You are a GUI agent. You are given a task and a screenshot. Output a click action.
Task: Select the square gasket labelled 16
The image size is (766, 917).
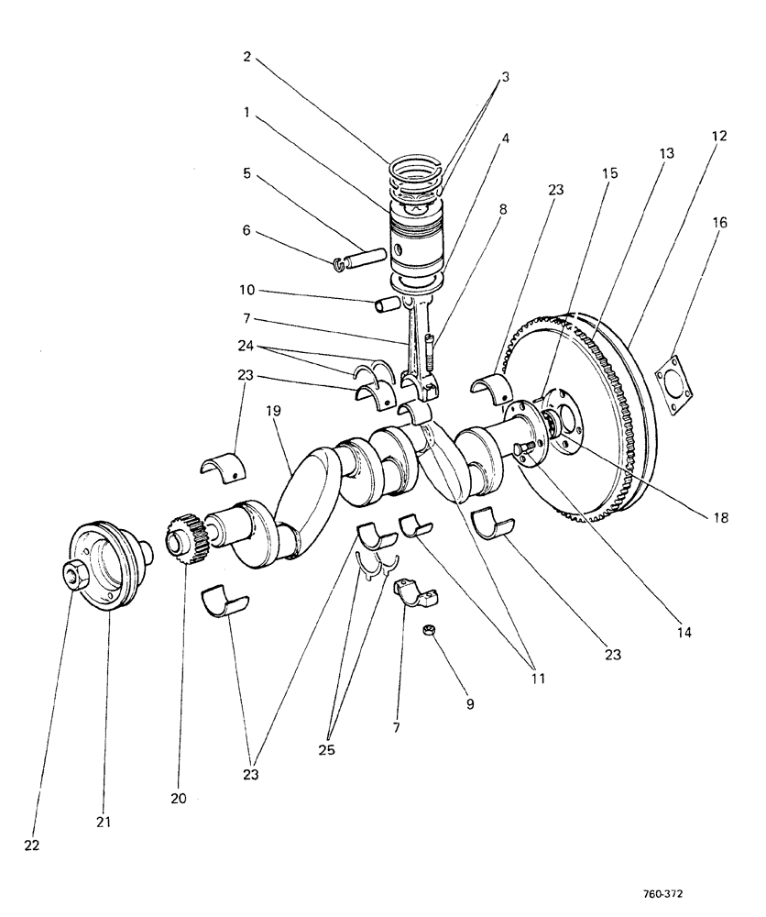coord(676,382)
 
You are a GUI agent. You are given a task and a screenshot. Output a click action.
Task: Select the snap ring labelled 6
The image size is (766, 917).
coord(342,266)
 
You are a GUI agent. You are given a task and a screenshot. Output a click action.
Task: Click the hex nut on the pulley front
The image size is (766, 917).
coord(71,576)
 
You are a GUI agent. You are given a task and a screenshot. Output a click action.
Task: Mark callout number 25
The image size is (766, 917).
coord(326,749)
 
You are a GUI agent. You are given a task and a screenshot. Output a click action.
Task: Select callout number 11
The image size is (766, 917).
coord(536,680)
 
